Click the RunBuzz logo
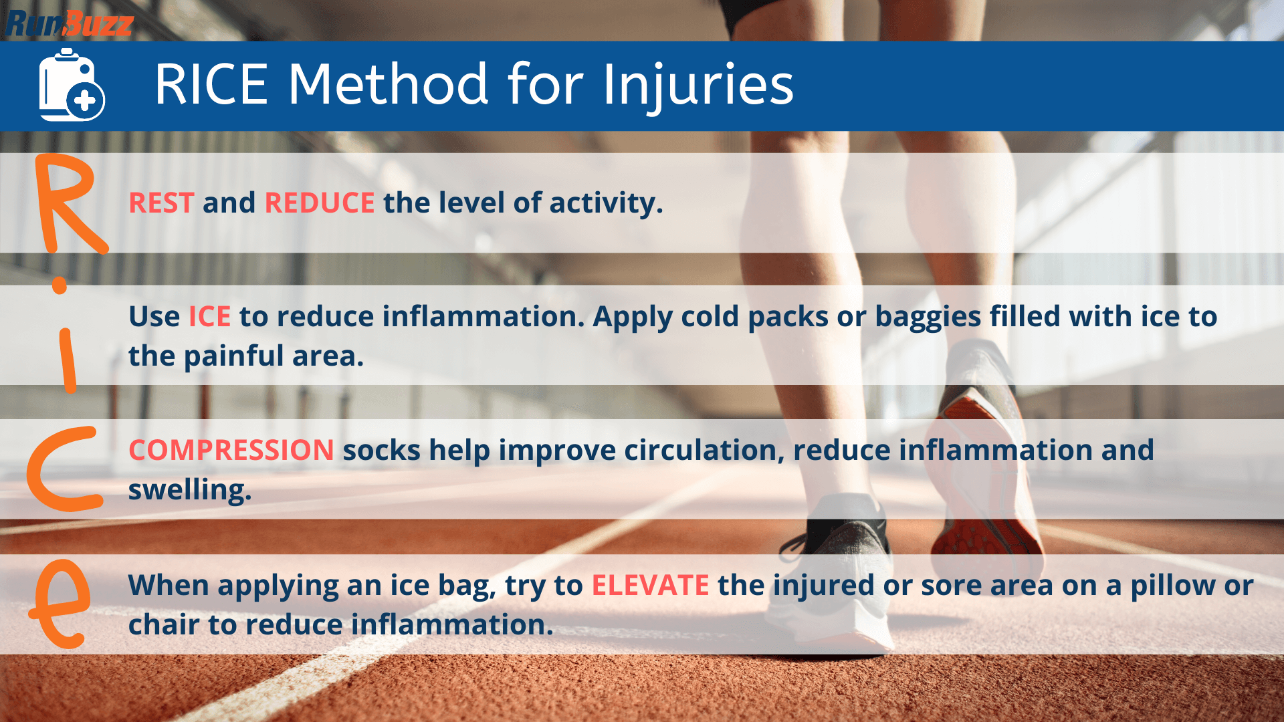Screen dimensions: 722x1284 (69, 23)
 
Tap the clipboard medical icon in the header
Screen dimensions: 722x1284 (70, 86)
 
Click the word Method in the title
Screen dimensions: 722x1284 (388, 85)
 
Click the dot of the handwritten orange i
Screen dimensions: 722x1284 (60, 287)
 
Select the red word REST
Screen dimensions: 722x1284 (161, 203)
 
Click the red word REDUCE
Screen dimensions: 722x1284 (320, 203)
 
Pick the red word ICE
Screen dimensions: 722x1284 (209, 316)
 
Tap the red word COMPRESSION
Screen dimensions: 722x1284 (231, 450)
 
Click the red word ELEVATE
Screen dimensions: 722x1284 (650, 585)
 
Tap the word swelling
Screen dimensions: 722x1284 (189, 490)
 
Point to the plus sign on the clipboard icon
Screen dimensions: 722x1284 (85, 102)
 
